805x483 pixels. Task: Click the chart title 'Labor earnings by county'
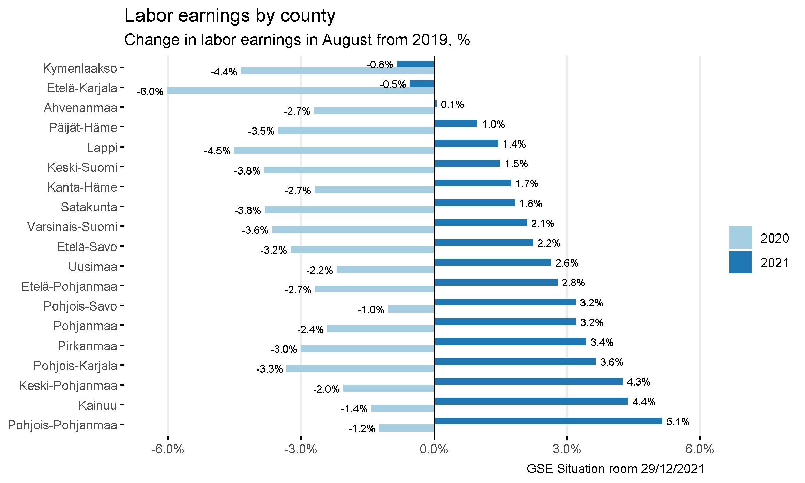tap(230, 16)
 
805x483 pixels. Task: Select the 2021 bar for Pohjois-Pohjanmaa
tap(548, 421)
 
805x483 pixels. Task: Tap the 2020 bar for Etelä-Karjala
tap(301, 91)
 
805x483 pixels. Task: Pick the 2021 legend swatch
tap(740, 262)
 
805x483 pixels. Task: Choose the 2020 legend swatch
tap(740, 238)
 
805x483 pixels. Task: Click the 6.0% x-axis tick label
tap(699, 449)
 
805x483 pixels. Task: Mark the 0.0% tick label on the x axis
tap(434, 449)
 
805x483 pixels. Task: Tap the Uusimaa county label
tap(93, 267)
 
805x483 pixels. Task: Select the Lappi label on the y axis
tap(102, 148)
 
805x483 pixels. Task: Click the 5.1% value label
tap(678, 422)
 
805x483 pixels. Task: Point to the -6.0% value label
tap(150, 92)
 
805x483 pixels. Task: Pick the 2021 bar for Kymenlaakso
tap(415, 64)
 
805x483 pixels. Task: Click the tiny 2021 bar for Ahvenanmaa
tap(435, 104)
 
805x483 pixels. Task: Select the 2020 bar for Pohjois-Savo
tap(411, 309)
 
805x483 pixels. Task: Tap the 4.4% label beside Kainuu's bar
tap(644, 402)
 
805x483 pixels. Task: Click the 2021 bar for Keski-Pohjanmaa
tap(528, 381)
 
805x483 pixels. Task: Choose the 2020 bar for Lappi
tap(334, 150)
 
